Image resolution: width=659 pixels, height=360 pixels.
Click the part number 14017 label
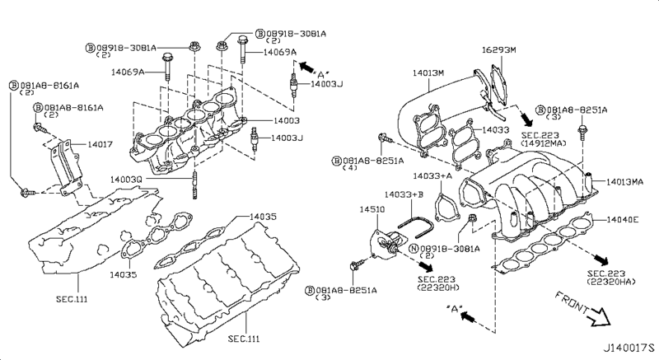tap(100, 144)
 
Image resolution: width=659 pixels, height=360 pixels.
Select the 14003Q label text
tap(126, 180)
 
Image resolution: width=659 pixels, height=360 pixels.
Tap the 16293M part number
tap(499, 49)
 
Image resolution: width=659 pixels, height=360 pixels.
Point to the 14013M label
tap(428, 72)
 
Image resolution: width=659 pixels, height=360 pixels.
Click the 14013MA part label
tap(624, 182)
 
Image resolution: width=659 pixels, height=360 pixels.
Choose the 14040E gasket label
tap(623, 219)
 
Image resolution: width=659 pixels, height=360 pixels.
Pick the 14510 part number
tap(372, 209)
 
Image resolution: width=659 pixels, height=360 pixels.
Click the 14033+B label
tap(404, 194)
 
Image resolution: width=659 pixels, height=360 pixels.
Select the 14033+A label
tap(432, 175)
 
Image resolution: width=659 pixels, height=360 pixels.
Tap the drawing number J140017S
tap(629, 348)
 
